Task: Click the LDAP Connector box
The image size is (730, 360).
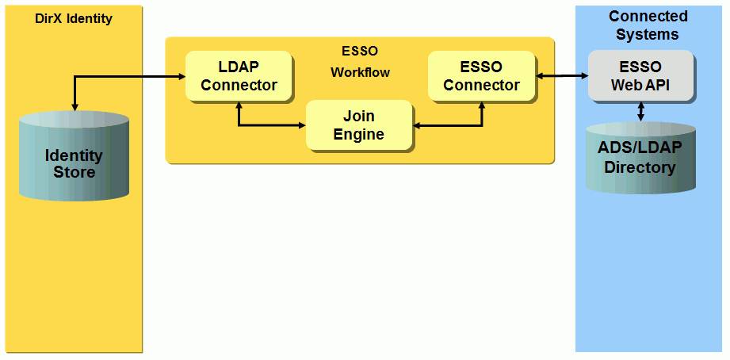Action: pos(239,76)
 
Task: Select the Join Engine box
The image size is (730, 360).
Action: pos(358,125)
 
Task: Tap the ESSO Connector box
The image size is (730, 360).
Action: pos(481,76)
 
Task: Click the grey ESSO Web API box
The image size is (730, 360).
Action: pos(640,76)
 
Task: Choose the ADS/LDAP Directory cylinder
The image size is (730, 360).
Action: pos(640,159)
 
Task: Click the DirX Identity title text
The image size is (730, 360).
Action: pos(74,18)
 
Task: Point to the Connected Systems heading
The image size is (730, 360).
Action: pos(648,25)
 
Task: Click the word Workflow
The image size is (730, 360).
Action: pos(360,72)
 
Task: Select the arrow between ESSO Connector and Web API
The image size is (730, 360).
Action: pos(562,76)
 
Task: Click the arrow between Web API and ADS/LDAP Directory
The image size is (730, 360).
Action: pos(640,112)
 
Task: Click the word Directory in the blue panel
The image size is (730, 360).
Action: pos(640,167)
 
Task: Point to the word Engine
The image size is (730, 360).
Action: pos(358,134)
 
